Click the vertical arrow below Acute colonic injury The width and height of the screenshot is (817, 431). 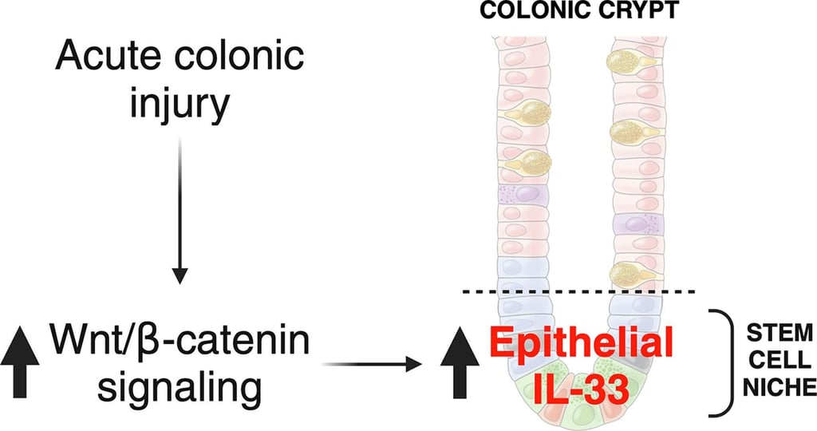pos(180,211)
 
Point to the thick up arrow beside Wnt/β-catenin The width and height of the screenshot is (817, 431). pos(20,362)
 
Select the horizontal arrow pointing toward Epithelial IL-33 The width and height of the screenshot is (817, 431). pos(372,364)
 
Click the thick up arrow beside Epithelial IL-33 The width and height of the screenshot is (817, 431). pos(460,362)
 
